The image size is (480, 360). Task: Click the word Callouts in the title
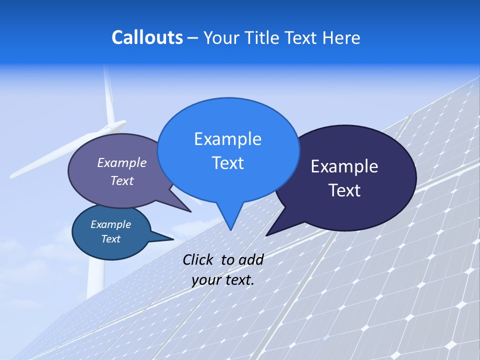147,37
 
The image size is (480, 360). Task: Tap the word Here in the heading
341,38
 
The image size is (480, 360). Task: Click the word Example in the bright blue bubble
227,139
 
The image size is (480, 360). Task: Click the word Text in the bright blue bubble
227,163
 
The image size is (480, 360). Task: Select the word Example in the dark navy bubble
344,166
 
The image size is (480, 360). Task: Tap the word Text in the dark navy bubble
344,190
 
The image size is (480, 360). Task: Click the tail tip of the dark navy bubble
267,235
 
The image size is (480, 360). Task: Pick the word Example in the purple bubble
122,162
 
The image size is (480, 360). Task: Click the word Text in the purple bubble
122,181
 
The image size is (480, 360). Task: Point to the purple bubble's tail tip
190,211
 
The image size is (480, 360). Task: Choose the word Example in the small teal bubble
110,224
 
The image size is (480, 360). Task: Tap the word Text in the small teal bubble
110,239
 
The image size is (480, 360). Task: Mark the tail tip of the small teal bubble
173,239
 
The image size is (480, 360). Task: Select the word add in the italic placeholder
251,260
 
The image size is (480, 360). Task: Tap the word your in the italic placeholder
205,280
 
